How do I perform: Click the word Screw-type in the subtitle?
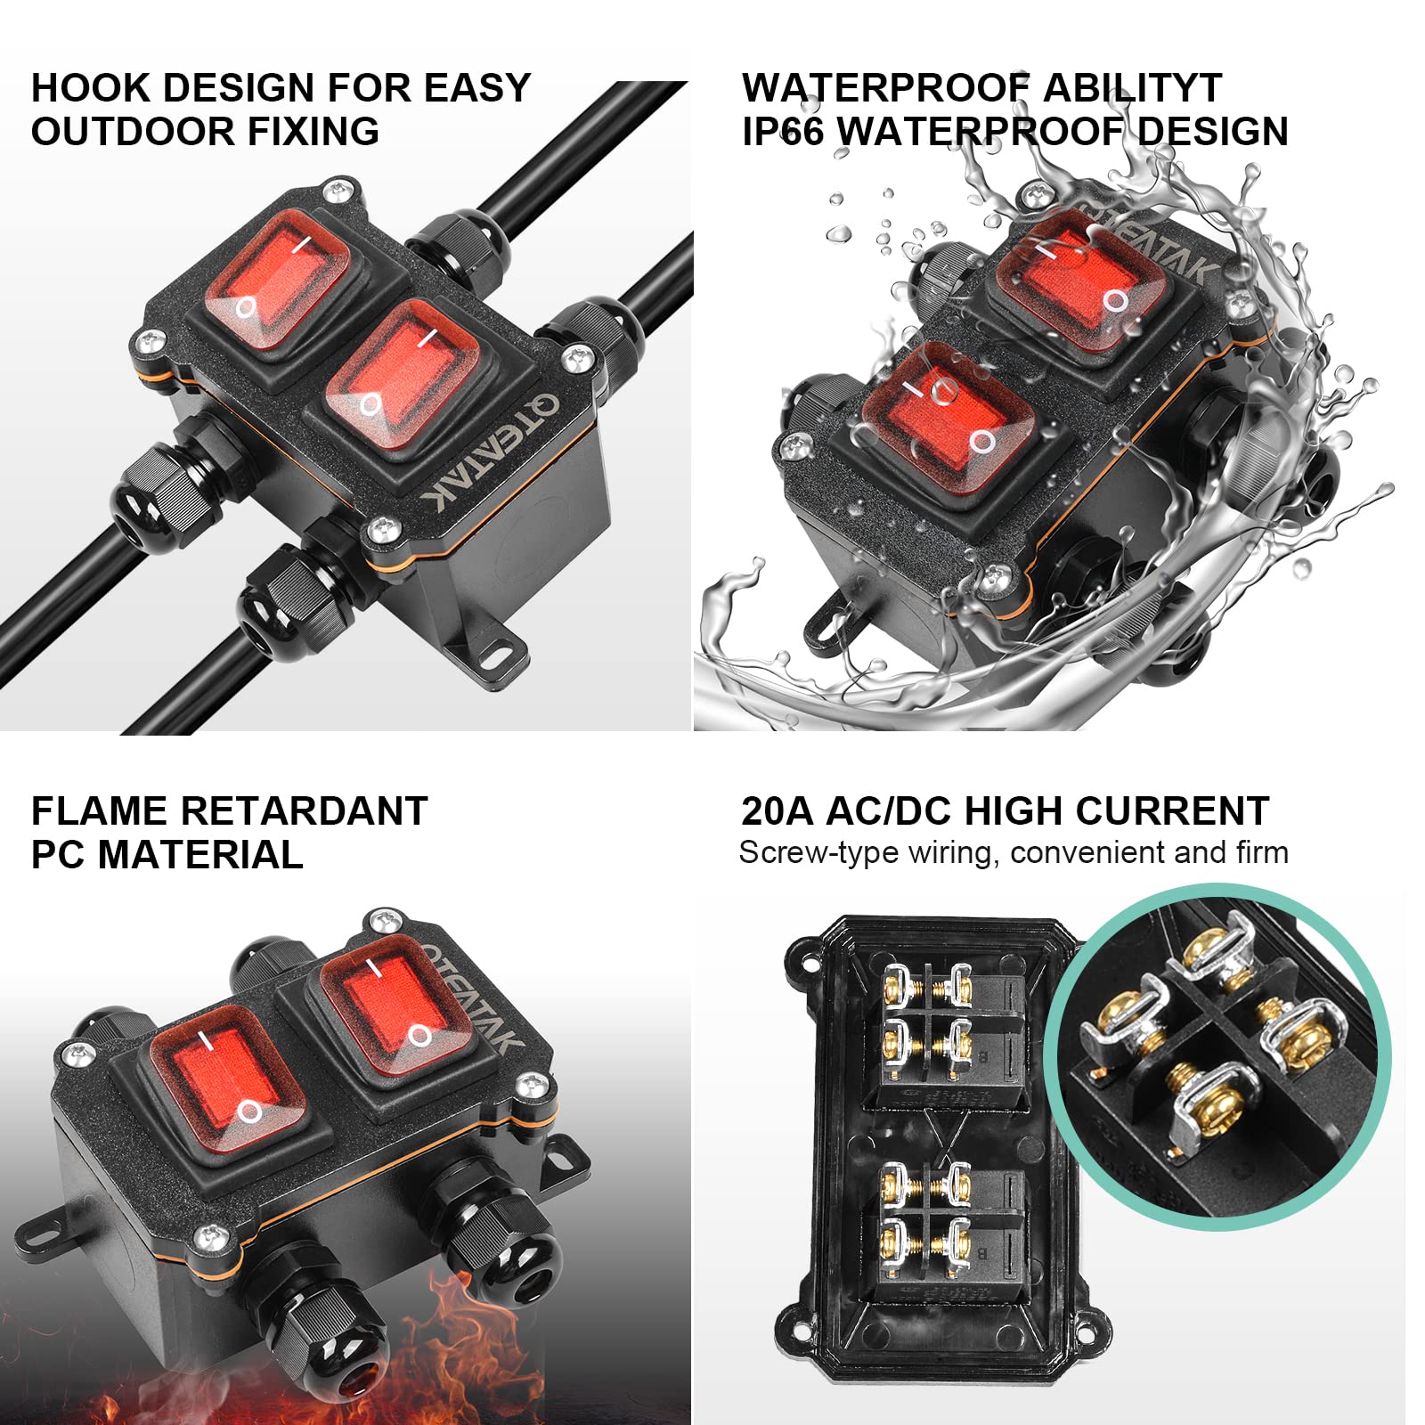coord(818,853)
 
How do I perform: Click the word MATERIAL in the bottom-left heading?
coord(200,855)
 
